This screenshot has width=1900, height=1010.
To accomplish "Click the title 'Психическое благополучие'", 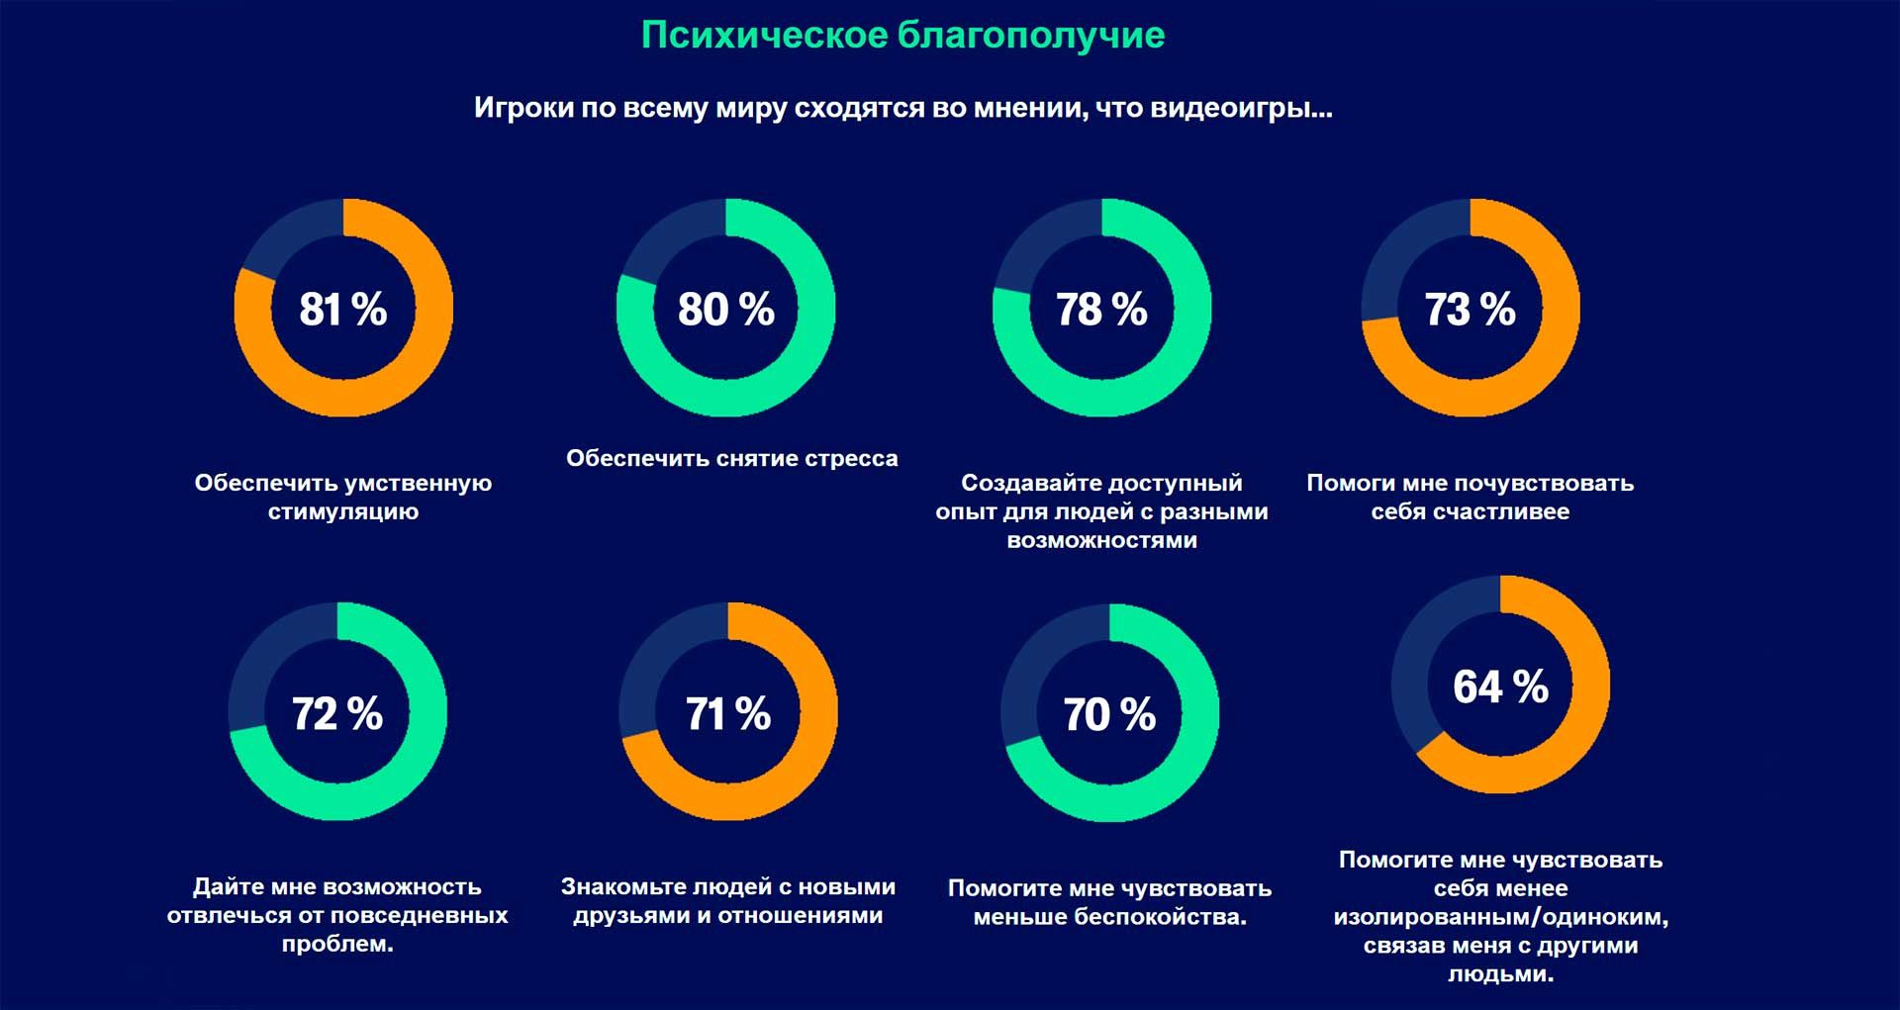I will [902, 36].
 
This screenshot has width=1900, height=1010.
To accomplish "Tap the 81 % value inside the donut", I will [342, 309].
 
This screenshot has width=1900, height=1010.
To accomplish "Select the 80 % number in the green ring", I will [725, 309].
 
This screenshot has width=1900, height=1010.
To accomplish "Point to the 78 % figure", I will [1101, 309].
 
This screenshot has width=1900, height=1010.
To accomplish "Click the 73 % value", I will [1470, 309].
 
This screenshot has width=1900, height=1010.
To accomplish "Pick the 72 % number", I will [336, 713].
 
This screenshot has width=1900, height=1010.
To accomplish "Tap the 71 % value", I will [728, 713].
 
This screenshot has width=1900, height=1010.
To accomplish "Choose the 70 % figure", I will [1109, 714].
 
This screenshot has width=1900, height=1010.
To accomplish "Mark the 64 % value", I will [1500, 687].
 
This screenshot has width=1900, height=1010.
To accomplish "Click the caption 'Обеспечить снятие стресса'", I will [731, 458].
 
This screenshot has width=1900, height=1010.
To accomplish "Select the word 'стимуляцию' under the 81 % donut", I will [342, 511].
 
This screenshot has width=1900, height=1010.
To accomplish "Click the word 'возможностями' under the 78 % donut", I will [1101, 540].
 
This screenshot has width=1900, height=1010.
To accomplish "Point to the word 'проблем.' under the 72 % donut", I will [336, 944].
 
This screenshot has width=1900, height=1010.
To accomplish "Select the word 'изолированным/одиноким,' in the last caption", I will [1500, 917].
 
